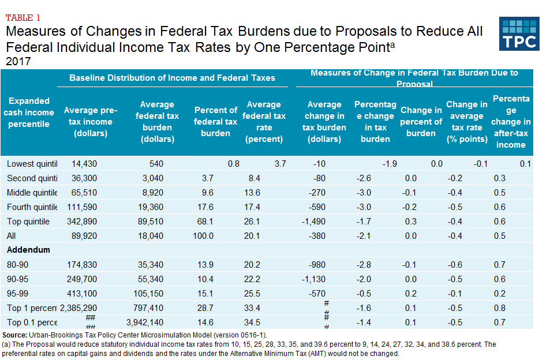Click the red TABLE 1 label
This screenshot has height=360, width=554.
coord(23,17)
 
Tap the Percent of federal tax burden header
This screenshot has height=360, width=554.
coord(216,122)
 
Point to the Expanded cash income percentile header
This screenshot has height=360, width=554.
coord(29,112)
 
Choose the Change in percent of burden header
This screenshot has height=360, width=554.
coord(421,122)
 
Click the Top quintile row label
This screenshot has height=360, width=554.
coord(28,222)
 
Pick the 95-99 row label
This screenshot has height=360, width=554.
coord(18,293)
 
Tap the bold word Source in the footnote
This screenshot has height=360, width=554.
coord(14,335)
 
